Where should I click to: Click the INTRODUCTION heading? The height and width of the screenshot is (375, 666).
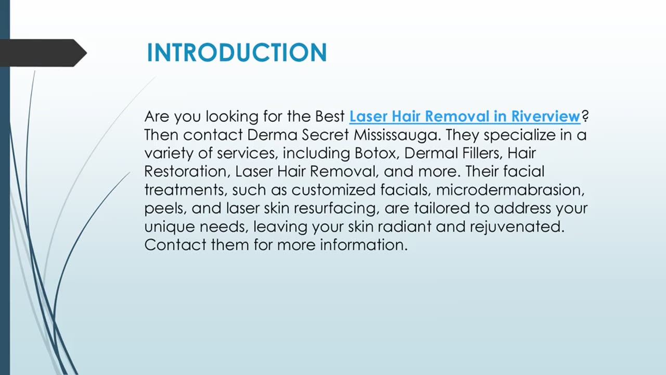237,53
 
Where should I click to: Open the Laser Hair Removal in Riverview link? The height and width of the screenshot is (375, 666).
464,116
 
